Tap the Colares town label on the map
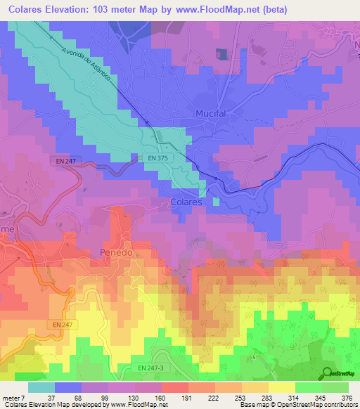tap(187, 202)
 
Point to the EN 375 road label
tap(157, 158)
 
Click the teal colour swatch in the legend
tap(41, 387)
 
